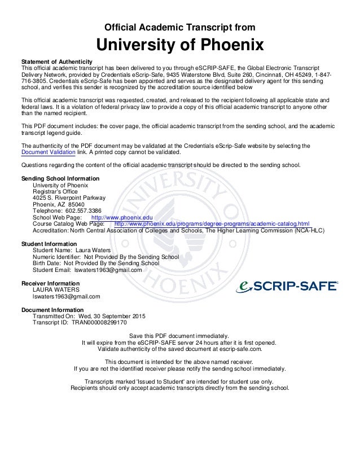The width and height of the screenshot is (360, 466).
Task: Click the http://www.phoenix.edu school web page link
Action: coord(122,217)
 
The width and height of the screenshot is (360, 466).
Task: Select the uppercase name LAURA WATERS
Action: coord(56,289)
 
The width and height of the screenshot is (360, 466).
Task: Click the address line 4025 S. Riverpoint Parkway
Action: coord(69,197)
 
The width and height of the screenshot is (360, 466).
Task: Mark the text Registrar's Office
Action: coord(55,191)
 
